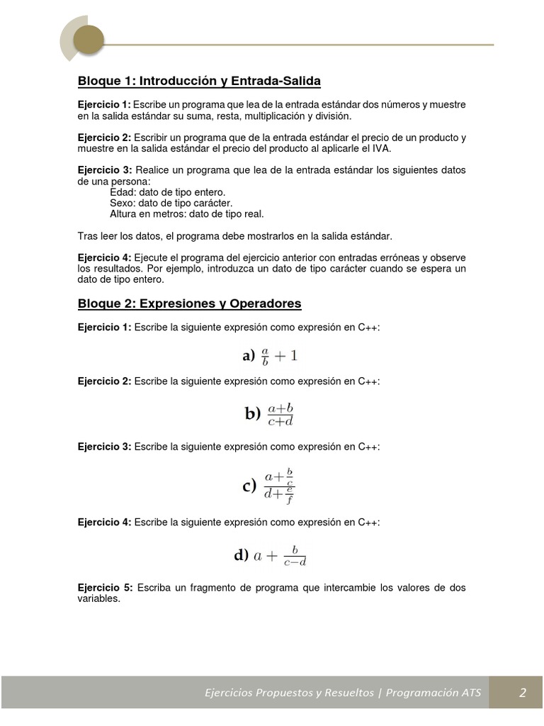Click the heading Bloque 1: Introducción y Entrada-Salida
199,82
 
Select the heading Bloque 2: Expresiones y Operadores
189,303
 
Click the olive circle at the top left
89,38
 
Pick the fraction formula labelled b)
270,414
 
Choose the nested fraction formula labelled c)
269,486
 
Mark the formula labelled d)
271,556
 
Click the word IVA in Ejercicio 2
379,148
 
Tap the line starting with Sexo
171,203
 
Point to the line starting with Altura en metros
186,213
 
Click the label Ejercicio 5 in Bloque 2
105,588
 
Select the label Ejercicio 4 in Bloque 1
105,257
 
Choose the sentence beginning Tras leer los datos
234,235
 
